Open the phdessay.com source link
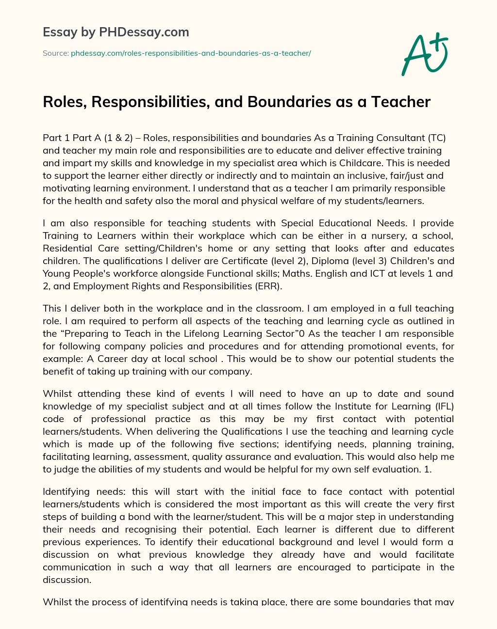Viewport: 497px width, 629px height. [191, 53]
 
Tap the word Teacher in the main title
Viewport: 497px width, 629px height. [401, 102]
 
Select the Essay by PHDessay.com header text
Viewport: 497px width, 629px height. [116, 32]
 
